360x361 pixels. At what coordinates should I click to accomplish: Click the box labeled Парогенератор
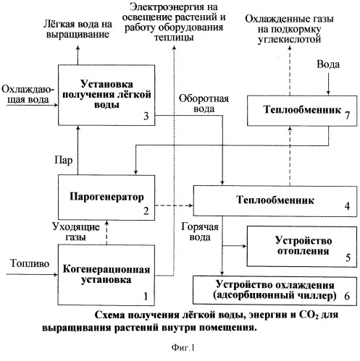coord(106,198)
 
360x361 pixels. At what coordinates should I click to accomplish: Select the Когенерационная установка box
coord(106,275)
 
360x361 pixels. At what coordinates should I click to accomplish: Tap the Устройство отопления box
coord(301,247)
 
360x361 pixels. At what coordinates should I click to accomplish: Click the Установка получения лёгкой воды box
coord(106,95)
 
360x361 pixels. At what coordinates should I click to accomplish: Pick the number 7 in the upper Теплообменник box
coord(347,115)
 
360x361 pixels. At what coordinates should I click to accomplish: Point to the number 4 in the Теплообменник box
coord(347,206)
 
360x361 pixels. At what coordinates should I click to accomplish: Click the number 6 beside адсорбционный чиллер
coord(347,296)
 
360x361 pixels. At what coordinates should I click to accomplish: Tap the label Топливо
coord(30,263)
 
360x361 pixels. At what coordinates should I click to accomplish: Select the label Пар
coord(63,160)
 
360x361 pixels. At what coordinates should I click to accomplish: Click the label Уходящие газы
coord(76,232)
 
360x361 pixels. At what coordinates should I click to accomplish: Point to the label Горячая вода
coord(200,232)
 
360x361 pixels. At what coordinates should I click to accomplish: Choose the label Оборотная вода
coord(204,103)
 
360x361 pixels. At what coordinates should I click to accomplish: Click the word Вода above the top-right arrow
coord(328,64)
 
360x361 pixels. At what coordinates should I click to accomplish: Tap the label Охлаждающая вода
coord(28,94)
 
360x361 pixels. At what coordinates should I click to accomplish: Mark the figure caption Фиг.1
coord(183,348)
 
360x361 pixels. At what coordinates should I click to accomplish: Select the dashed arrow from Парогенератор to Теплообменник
coord(174,205)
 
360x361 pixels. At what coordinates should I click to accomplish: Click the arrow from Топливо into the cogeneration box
coord(32,274)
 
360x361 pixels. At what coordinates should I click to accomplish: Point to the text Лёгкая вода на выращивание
coord(78,29)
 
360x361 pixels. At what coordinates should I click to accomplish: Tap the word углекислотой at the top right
coord(290,39)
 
